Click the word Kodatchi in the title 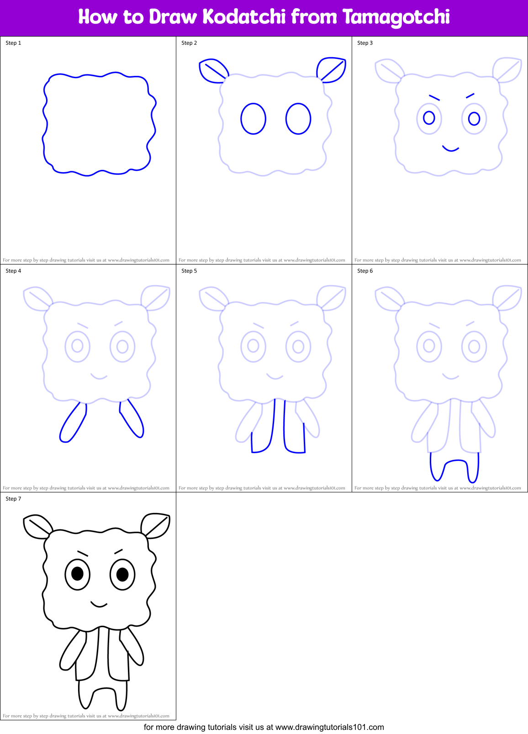[x=244, y=17]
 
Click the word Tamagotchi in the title [x=396, y=17]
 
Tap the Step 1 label [x=13, y=43]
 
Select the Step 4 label [x=13, y=271]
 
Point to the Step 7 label [x=13, y=499]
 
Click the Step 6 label [x=365, y=271]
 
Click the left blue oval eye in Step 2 [x=253, y=119]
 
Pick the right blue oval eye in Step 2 [x=298, y=119]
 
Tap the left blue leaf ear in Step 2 [x=212, y=71]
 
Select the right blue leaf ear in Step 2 [x=332, y=69]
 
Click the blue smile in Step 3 [x=450, y=149]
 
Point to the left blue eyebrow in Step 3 [x=434, y=97]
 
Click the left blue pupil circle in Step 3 [x=429, y=118]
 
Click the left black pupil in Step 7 [x=77, y=573]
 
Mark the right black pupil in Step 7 [x=122, y=573]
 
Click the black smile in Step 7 [x=99, y=605]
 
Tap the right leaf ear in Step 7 [x=156, y=525]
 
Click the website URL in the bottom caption [x=330, y=727]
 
